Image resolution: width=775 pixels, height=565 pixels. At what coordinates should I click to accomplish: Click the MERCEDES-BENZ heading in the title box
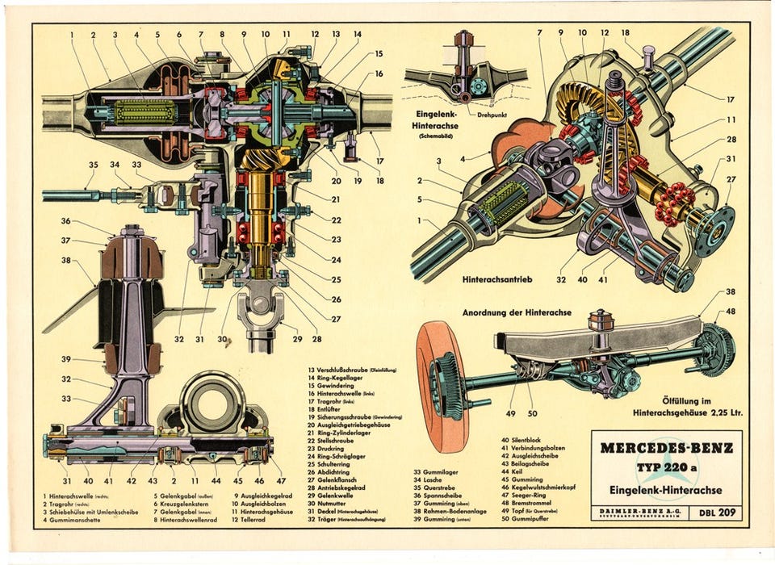667,448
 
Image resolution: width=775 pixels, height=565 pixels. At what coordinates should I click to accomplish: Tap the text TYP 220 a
667,469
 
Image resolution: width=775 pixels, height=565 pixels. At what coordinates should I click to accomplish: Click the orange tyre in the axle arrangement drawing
441,386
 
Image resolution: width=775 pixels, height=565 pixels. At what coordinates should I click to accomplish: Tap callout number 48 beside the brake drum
730,312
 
